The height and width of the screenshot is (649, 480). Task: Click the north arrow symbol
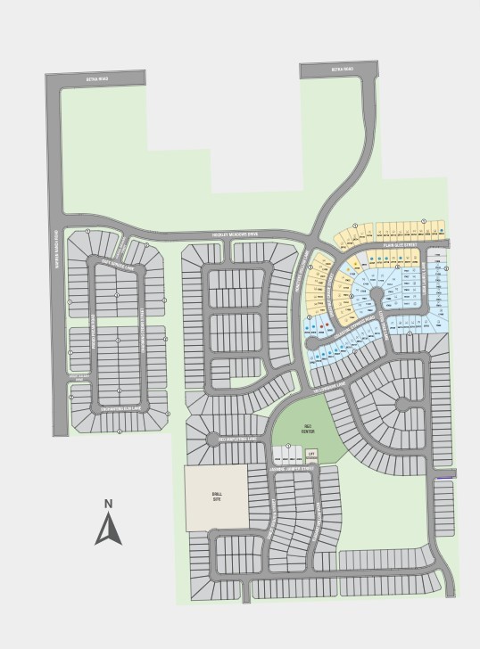[x=108, y=530]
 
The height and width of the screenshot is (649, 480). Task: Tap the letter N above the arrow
[x=108, y=504]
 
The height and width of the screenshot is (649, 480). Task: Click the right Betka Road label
[x=342, y=70]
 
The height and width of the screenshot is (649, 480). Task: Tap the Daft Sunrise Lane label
[x=116, y=265]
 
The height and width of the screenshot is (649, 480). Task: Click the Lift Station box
[x=311, y=456]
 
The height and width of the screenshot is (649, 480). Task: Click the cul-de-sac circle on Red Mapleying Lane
[x=212, y=439]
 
